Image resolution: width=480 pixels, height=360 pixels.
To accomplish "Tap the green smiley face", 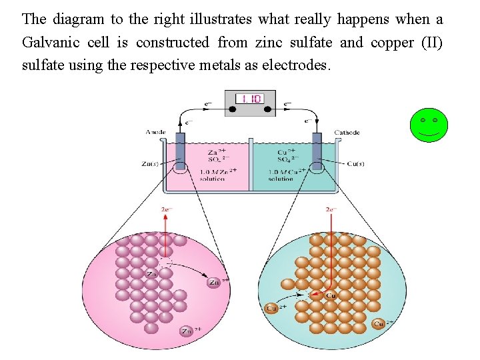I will pos(429,125).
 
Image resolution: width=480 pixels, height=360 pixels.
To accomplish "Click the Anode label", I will pos(155,133).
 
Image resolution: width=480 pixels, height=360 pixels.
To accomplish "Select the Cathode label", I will pos(347,133).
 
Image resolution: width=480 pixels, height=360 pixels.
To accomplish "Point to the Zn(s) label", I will pos(151,163).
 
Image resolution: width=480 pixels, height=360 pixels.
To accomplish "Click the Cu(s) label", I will pos(356,163).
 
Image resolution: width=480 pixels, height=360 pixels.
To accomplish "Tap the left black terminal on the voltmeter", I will pos(233,109).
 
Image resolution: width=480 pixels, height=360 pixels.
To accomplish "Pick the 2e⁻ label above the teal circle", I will pos(332,209).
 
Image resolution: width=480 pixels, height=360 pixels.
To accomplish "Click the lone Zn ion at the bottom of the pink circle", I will pos(187,331).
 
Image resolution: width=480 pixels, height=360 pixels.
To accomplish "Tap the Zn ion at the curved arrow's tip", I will pos(214,282).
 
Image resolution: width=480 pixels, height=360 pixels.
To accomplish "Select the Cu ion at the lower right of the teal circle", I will pos(379,324).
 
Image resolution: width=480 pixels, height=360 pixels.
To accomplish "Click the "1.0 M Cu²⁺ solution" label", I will pos(282,175).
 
